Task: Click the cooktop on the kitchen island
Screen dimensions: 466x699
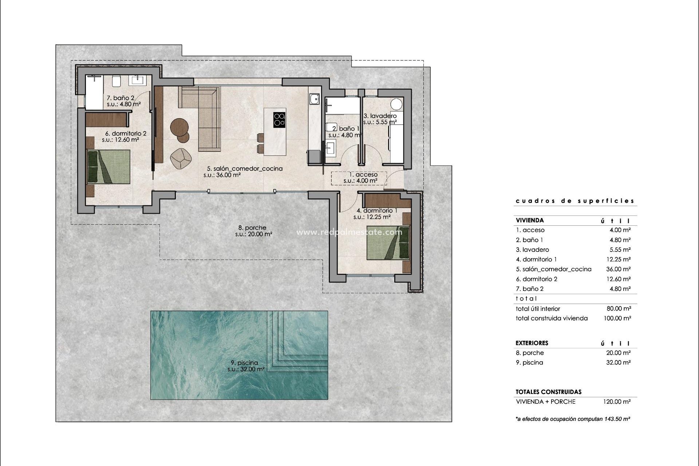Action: [x=279, y=119]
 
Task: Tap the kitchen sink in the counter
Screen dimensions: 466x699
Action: [x=314, y=99]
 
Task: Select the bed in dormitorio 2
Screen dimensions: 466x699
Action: [x=109, y=167]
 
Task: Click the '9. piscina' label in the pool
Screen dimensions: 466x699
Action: [x=244, y=363]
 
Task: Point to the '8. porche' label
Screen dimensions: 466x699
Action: [x=252, y=228]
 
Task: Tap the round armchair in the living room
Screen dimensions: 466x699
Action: [x=181, y=158]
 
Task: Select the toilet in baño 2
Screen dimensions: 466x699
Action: [x=116, y=81]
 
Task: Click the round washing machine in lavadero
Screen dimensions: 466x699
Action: [x=397, y=104]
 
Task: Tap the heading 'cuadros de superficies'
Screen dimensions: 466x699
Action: [x=575, y=201]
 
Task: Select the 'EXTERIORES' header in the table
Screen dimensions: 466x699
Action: [x=532, y=343]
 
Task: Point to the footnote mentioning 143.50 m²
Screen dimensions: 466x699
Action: [x=573, y=419]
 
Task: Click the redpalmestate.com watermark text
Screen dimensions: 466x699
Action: [x=349, y=232]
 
